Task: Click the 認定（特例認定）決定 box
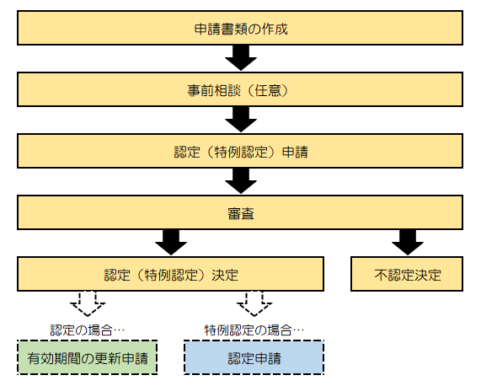point(171,275)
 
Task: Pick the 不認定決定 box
point(408,275)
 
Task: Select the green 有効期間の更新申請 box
point(87,358)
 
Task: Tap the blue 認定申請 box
point(254,358)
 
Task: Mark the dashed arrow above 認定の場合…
point(87,303)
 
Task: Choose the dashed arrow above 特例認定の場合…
point(254,303)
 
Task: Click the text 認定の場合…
point(87,328)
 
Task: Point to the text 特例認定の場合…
point(254,328)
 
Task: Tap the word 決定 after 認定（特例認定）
point(223,275)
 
